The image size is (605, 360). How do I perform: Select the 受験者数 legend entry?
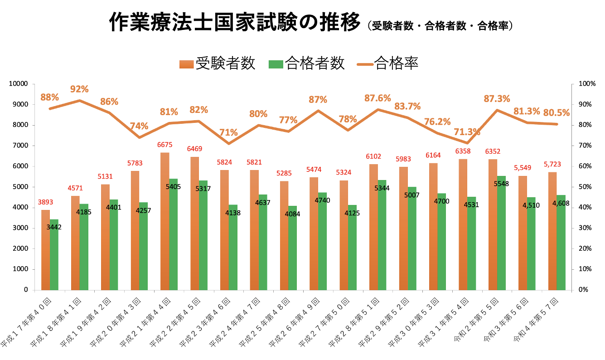coord(217,63)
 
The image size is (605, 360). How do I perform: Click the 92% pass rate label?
coord(79,89)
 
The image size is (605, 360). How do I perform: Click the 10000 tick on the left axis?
coord(19,84)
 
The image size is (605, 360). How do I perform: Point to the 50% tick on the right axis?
coord(585,187)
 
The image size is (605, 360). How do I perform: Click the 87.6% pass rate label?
coord(378,98)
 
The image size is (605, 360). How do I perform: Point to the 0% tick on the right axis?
coord(583,290)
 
